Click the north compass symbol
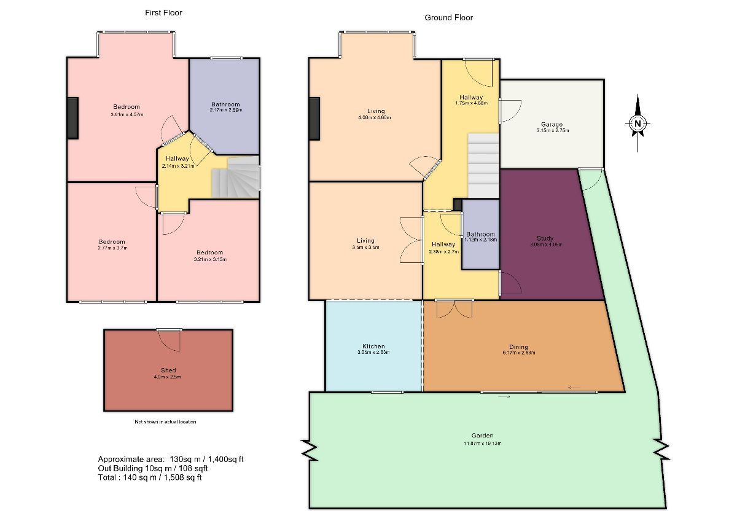coord(638,123)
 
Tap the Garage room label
coord(552,125)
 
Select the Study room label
coord(545,238)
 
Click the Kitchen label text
coord(373,347)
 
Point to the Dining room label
coord(518,347)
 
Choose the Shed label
coord(168,370)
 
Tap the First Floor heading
coord(163,12)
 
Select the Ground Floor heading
coord(449,18)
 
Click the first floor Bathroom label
coord(225,104)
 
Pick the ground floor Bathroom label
coord(480,234)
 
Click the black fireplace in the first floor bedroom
coord(72,118)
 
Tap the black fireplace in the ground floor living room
coord(315,119)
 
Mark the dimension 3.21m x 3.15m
coord(209,259)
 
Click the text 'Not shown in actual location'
coord(166,422)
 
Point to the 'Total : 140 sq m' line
coord(150,477)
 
